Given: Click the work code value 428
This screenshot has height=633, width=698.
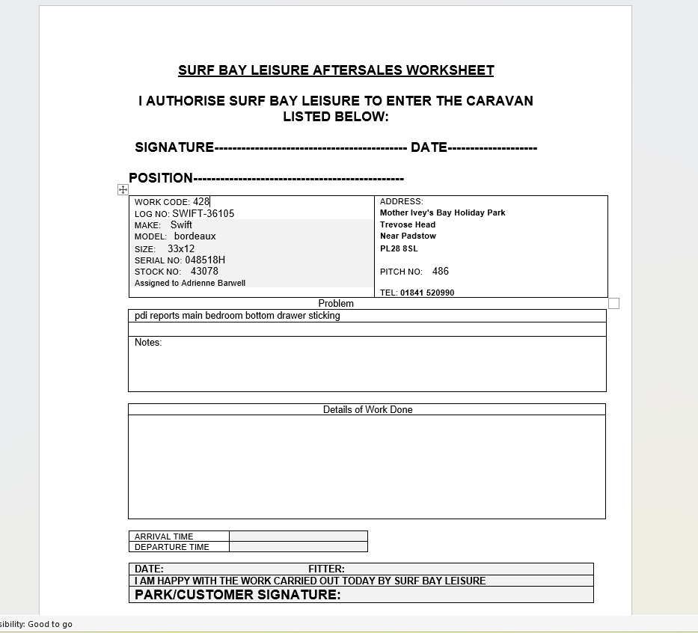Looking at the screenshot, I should point(201,201).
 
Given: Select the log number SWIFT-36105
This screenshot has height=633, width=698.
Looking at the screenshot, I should point(203,213).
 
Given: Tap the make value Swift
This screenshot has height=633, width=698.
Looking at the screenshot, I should point(181,224).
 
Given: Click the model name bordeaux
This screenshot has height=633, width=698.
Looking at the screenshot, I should point(195,236).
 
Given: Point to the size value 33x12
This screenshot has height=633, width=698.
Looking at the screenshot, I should point(181,248).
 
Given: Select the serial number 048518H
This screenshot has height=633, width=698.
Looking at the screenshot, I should point(205,260).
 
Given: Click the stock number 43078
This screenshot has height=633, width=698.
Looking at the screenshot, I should point(204,272).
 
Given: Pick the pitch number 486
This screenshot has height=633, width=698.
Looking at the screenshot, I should point(441,272).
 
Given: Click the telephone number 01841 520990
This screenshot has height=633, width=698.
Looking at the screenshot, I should point(427,293).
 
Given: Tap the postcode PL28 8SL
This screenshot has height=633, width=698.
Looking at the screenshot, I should point(399,248).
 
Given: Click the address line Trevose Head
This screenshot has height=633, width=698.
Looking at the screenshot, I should point(407,224).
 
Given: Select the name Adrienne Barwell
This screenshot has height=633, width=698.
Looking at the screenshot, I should point(213,284).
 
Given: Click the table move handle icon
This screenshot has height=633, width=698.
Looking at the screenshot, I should point(123,190).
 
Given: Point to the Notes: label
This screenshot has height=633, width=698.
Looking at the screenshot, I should point(148,343).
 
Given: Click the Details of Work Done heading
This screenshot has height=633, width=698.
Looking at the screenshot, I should point(367,410).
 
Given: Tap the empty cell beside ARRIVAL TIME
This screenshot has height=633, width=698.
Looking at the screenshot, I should point(298,536).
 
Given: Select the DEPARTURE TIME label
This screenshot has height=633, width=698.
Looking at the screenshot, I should point(171,547).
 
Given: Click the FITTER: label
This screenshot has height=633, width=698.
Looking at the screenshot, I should point(326,569).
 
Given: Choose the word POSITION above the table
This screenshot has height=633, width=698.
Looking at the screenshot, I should point(161,178).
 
